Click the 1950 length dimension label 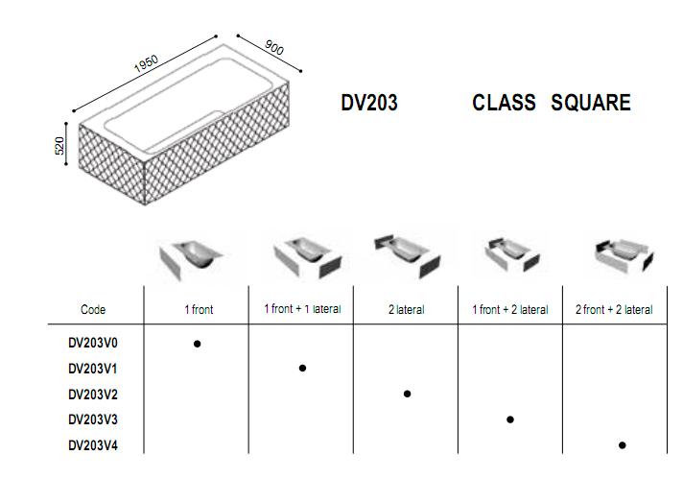pos(146,63)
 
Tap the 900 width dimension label pos(274,47)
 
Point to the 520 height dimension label pos(59,146)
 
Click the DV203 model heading pos(369,103)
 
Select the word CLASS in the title pos(504,103)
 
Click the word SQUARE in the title pos(591,103)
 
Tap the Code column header pos(93,309)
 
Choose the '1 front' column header pos(199,309)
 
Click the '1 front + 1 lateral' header pos(302,308)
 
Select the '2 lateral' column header pos(407,309)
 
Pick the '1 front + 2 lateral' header pos(510,309)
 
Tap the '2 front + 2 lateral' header pos(614,309)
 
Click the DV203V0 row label pos(93,343)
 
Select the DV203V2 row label pos(93,395)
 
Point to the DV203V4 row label pos(93,445)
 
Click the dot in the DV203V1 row pos(302,369)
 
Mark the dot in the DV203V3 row pos(510,419)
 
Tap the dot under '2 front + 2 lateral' pos(622,445)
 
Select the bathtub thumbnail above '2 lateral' pos(408,255)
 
